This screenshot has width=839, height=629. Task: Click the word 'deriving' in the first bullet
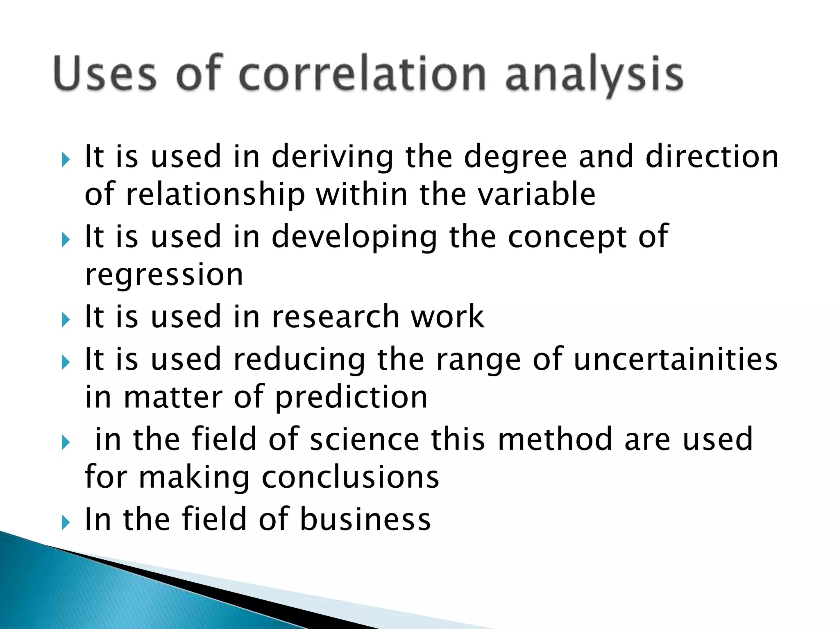(332, 157)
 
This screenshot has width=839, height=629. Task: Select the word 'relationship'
(215, 195)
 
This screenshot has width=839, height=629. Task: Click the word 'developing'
(354, 238)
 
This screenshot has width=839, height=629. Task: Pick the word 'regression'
(164, 275)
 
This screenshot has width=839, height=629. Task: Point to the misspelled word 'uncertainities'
(675, 359)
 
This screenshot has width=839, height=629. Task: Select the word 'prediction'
(351, 398)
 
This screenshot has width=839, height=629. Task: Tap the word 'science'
(365, 439)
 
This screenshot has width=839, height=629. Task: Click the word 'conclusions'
(350, 477)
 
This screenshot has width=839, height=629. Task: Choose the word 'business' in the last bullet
(365, 519)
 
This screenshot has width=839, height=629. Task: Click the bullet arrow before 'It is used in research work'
(66, 319)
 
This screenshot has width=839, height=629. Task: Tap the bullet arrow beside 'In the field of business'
(66, 522)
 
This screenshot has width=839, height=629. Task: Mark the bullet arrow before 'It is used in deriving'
(66, 160)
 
